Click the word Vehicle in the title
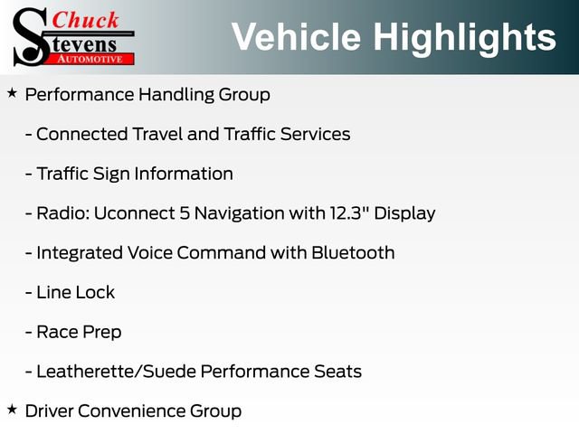(x=296, y=37)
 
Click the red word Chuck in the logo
(x=85, y=20)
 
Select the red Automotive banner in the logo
(x=90, y=59)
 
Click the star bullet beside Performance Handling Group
(x=12, y=93)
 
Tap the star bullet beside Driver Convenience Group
(x=12, y=409)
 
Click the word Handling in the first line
(x=176, y=95)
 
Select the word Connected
(x=82, y=134)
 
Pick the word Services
(x=315, y=134)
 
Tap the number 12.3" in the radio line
(x=349, y=213)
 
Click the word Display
(x=404, y=214)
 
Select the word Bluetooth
(x=353, y=253)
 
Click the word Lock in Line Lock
(x=96, y=292)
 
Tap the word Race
(x=57, y=332)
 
